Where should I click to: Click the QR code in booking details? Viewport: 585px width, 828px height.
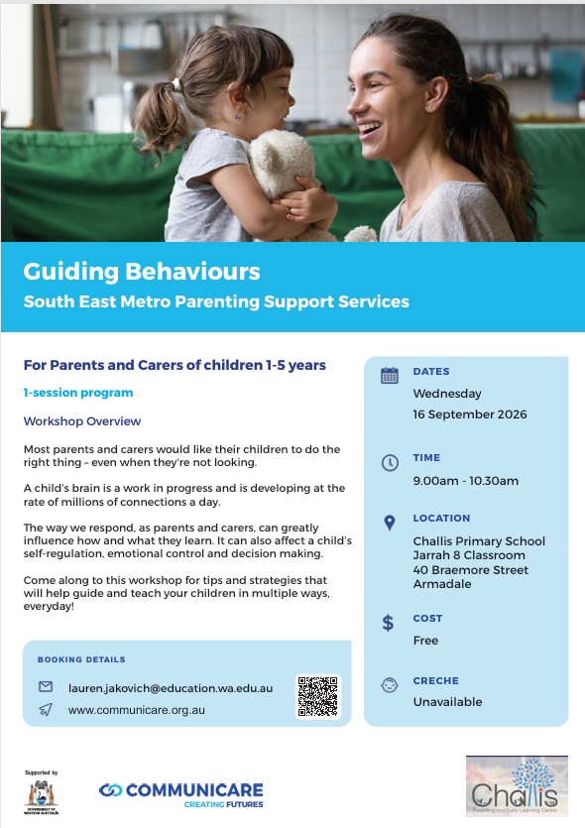pos(318,696)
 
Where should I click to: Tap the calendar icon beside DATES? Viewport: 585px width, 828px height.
pos(390,376)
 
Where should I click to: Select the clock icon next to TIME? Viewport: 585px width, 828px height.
pos(390,463)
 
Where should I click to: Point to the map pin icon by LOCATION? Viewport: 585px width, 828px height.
pos(390,523)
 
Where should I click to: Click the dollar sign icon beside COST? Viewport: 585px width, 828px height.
pos(388,623)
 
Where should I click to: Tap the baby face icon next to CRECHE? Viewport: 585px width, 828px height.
pos(390,685)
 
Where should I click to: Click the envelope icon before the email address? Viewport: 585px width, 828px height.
pos(46,686)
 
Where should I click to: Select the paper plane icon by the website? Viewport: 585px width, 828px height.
pos(46,709)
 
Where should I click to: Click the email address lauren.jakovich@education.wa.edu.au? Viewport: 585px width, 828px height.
pos(171,688)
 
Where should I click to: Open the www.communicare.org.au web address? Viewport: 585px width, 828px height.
pos(136,710)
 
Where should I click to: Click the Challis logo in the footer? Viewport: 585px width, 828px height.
pos(517,786)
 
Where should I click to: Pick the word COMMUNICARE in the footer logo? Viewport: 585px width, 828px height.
pos(194,790)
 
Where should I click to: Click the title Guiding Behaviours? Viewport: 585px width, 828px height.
pos(142,272)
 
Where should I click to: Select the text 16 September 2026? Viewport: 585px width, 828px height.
pos(470,414)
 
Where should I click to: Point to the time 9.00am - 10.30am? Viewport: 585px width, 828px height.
pos(466,481)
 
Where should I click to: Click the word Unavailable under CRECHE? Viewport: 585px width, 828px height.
pos(448,702)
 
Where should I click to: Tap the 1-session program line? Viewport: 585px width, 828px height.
pos(78,393)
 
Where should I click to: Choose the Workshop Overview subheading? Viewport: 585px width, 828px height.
pos(82,420)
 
